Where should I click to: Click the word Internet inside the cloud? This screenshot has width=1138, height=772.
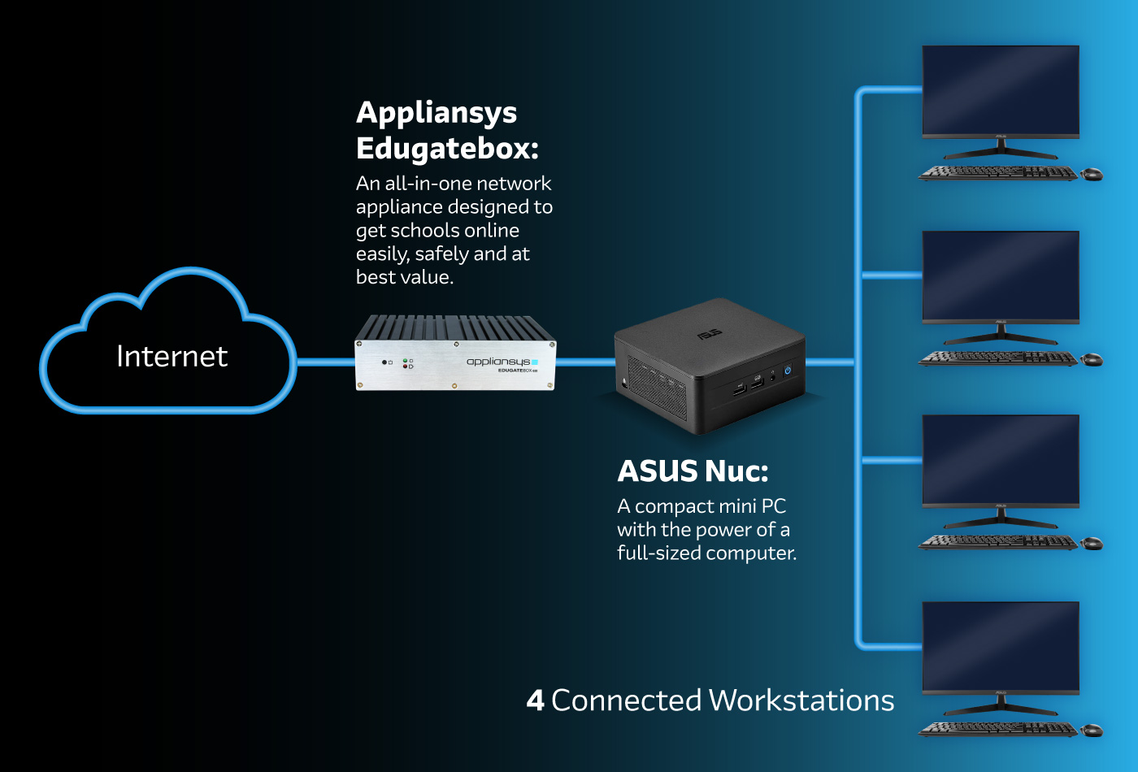pyautogui.click(x=172, y=357)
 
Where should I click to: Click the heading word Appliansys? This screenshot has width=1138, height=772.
pyautogui.click(x=437, y=113)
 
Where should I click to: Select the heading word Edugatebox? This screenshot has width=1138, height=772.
pyautogui.click(x=447, y=149)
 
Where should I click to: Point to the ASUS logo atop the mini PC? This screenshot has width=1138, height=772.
pyautogui.click(x=709, y=334)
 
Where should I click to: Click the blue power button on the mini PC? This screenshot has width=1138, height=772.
pyautogui.click(x=787, y=371)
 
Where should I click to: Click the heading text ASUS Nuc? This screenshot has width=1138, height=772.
pyautogui.click(x=693, y=471)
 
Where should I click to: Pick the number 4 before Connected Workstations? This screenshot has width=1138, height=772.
pyautogui.click(x=535, y=700)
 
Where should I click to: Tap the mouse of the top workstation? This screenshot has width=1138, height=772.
pyautogui.click(x=1092, y=173)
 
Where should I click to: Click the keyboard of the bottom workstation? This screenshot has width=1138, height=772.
pyautogui.click(x=997, y=729)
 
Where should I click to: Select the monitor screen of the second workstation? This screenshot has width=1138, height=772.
pyautogui.click(x=1001, y=275)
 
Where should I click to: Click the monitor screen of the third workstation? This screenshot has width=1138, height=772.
pyautogui.click(x=1001, y=460)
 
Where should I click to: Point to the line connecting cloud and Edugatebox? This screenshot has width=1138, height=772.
pyautogui.click(x=325, y=362)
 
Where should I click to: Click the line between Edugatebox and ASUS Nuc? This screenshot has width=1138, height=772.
pyautogui.click(x=584, y=362)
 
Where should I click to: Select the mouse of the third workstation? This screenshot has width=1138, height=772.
pyautogui.click(x=1092, y=543)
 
